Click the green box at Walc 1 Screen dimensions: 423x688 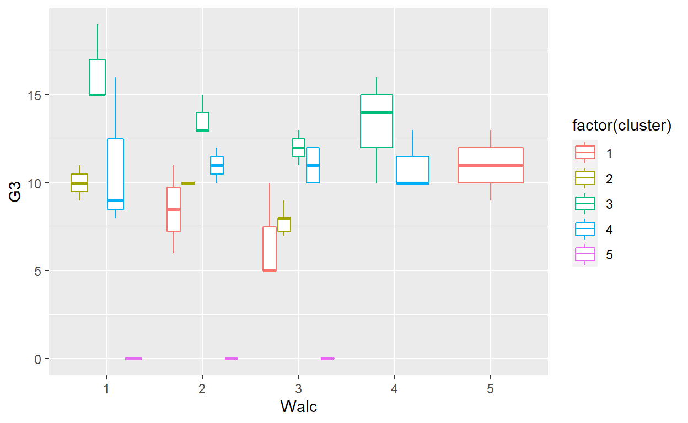pos(97,77)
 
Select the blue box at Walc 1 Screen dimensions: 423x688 pos(115,174)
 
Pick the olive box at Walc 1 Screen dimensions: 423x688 pos(79,183)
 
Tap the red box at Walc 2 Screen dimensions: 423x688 pos(174,209)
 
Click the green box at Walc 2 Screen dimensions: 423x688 pos(202,121)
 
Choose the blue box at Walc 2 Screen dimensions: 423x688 pos(217,165)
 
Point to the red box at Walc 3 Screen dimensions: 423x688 pos(270,249)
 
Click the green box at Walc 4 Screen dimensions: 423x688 pos(377,121)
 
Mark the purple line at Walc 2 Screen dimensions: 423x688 pos(231,359)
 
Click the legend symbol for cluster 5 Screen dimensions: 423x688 pos(585,254)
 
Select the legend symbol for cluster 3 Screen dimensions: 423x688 pos(585,204)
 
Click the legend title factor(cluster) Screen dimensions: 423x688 pos(621,126)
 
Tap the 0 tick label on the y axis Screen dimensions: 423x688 pos(38,359)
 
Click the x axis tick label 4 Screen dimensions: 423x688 pos(394,389)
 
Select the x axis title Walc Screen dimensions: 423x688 pos(299,406)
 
